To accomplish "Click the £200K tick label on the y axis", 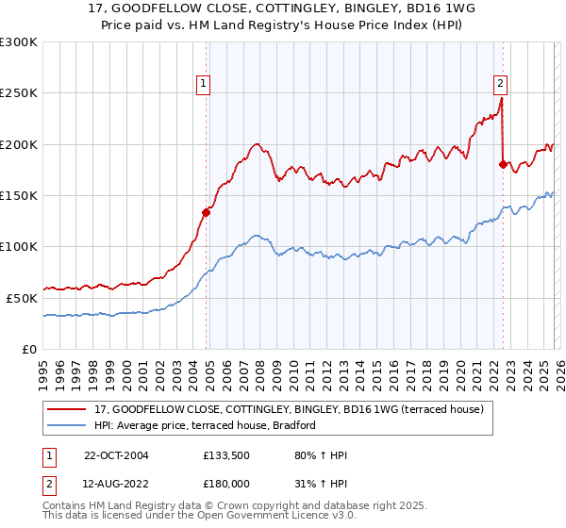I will (x=19, y=144).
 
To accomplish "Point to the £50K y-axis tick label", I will (x=22, y=298).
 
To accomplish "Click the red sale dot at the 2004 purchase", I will (x=207, y=212).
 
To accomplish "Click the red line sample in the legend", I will (x=67, y=408).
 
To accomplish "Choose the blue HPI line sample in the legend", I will (x=67, y=425).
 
